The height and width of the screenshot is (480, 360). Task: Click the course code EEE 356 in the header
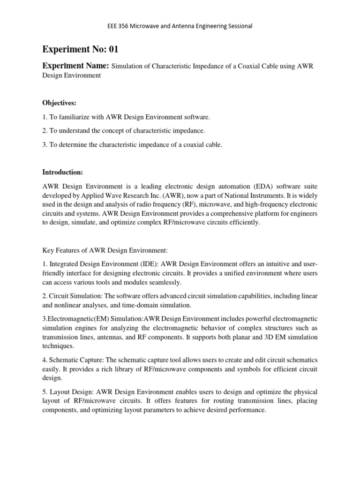point(119,26)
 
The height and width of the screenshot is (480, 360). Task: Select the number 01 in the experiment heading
point(116,50)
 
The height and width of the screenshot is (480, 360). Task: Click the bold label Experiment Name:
point(75,66)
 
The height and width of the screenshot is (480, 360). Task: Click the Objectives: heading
point(59,102)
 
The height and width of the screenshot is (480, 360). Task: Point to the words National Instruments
point(243,195)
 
